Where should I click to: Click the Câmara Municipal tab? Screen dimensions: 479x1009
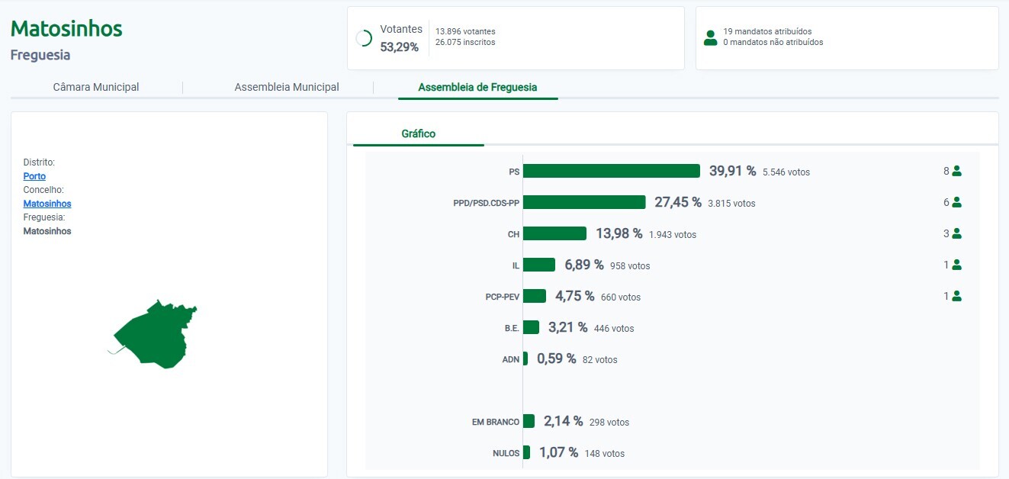pos(96,87)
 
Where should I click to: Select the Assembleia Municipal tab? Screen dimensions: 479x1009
pos(287,87)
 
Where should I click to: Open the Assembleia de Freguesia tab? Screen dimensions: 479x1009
pos(477,87)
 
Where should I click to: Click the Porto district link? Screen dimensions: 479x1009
pos(34,176)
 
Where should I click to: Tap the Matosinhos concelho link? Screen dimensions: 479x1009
pos(47,204)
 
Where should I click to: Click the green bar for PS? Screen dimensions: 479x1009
pos(611,171)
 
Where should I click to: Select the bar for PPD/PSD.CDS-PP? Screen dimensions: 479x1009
pos(584,202)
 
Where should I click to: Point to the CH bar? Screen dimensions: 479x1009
pos(554,233)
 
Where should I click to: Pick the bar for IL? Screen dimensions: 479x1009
pos(539,265)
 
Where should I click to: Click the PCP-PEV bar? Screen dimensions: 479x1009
pos(535,296)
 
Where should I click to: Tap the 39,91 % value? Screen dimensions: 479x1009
pos(732,171)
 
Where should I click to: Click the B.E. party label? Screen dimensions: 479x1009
pos(512,328)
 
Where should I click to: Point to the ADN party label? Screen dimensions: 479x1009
pos(511,359)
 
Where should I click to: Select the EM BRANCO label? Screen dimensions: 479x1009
pos(496,422)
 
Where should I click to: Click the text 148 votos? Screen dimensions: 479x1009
pos(604,454)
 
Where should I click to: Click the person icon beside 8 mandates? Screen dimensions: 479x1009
pos(956,171)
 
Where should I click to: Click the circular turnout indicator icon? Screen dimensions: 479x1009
pos(364,38)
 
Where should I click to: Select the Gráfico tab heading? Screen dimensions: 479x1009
pos(419,133)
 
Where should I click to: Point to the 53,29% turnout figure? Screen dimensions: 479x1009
pos(399,47)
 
